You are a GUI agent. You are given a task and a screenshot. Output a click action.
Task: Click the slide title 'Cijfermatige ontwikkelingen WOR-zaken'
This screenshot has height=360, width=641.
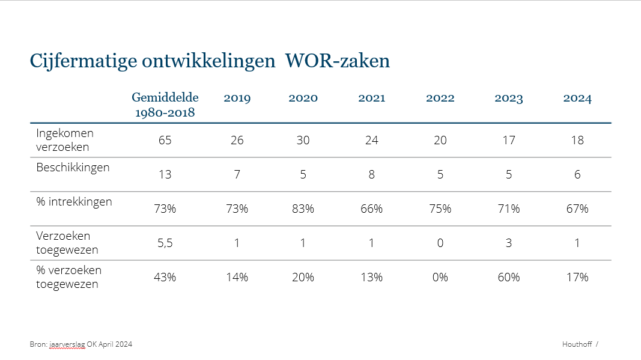tap(210, 61)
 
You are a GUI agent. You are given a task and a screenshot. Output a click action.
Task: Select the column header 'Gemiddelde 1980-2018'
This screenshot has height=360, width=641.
tap(165, 105)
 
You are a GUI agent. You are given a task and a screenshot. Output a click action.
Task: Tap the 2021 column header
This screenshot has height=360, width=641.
tap(372, 99)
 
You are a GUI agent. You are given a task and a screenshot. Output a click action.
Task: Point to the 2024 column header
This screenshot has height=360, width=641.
tap(577, 99)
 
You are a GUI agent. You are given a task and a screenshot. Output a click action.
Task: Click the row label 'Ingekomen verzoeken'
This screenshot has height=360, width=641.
tap(65, 140)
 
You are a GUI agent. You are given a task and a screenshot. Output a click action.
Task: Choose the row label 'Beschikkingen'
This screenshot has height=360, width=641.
tap(73, 168)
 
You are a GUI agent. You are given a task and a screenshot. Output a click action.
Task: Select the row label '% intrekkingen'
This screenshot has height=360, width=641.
tap(74, 202)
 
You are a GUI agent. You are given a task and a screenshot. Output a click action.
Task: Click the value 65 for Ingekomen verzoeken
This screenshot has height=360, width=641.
tap(165, 141)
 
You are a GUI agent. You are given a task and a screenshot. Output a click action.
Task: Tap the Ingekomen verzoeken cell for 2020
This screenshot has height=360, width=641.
tap(303, 141)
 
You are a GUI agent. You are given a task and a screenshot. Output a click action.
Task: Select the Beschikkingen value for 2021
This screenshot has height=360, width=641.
tap(372, 175)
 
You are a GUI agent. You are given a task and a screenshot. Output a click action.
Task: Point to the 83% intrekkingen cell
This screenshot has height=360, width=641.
tap(303, 209)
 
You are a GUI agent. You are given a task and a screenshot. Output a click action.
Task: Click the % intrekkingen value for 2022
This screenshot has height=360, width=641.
tap(440, 209)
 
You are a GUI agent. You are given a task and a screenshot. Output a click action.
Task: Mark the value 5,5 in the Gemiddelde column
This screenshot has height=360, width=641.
tap(165, 243)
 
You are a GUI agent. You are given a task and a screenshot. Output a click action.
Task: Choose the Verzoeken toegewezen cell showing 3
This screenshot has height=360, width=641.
tap(509, 243)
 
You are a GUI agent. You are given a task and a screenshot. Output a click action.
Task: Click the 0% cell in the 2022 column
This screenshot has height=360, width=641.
tap(440, 277)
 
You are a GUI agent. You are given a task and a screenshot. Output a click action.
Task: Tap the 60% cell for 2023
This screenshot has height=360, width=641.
tap(509, 277)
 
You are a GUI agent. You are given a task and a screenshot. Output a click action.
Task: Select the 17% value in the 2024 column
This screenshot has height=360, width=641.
tap(577, 277)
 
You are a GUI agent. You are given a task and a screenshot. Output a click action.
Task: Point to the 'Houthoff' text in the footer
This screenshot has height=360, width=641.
tap(577, 344)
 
